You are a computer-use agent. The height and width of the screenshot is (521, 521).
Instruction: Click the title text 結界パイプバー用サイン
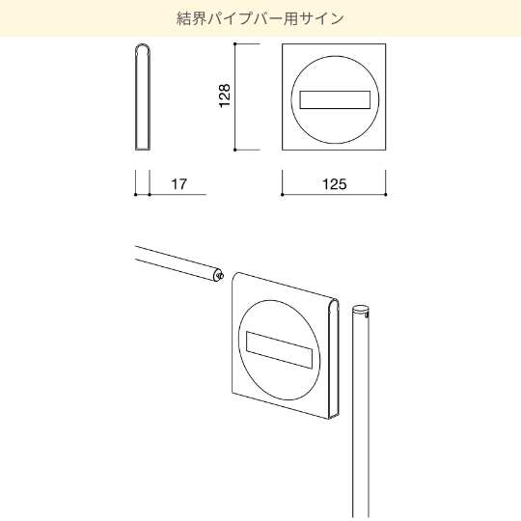[260, 18]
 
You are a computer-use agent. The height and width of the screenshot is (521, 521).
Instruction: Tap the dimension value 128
[225, 96]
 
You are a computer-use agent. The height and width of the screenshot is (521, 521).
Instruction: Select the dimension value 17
[179, 183]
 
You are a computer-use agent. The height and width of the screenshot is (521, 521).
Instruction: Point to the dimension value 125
[335, 183]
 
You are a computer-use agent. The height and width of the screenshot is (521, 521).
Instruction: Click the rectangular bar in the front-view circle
[335, 99]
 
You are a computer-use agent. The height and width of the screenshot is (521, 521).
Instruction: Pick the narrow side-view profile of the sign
[143, 97]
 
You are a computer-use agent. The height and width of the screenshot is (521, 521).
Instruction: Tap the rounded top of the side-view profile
[143, 48]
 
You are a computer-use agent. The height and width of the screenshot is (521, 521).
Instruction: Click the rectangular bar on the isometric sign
[279, 349]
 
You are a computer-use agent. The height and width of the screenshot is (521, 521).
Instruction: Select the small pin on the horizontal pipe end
[220, 275]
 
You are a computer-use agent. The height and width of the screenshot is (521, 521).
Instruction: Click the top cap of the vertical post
[361, 309]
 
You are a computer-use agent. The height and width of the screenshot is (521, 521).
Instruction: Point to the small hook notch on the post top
[367, 315]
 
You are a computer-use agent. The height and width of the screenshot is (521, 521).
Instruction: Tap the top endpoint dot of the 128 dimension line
[234, 43]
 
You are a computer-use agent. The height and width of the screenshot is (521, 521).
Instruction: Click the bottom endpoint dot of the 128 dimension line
[234, 150]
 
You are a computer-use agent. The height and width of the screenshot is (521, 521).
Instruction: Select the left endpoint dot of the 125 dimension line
[283, 194]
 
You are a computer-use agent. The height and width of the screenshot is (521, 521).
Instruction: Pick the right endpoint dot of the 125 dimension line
[386, 194]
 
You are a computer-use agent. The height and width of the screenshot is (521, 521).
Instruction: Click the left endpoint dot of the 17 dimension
[136, 194]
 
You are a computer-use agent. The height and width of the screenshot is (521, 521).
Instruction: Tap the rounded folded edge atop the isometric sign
[334, 303]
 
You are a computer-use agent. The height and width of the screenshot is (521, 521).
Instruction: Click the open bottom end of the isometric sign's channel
[334, 415]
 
